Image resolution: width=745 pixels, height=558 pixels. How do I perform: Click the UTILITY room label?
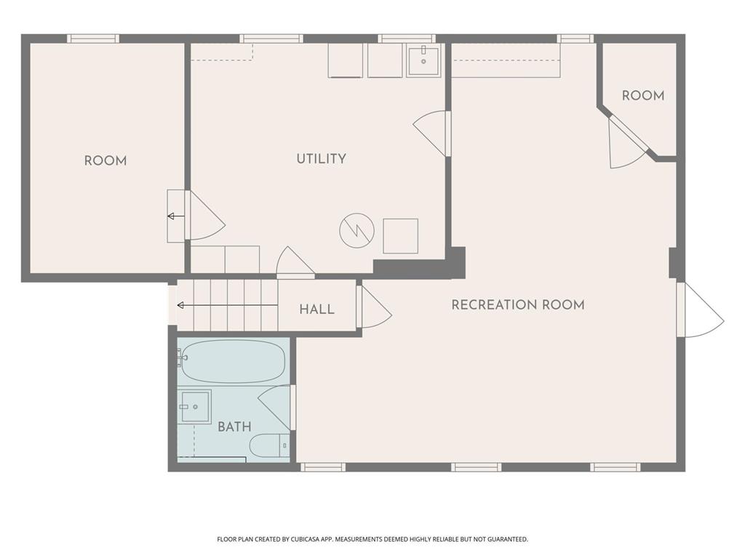pos(321,159)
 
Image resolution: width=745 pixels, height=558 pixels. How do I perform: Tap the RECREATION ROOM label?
pos(517,305)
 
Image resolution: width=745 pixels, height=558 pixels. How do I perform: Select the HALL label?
pos(317,310)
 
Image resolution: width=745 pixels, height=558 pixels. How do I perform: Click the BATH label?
pos(234,427)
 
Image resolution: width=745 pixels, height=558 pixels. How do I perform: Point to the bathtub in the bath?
pos(232,361)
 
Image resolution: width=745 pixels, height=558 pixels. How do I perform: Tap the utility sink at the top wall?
pos(423,61)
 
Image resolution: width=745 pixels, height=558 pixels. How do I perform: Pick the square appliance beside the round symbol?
pos(400,236)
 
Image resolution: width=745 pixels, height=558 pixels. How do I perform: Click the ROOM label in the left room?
pos(105,161)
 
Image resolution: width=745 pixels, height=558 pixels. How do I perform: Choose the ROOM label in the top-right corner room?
pos(642,96)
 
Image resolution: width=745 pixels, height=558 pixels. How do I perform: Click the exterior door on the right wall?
pos(698,311)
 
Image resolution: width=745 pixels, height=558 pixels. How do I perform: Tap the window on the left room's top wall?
pos(93,39)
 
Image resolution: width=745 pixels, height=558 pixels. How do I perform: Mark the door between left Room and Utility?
pos(204,216)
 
